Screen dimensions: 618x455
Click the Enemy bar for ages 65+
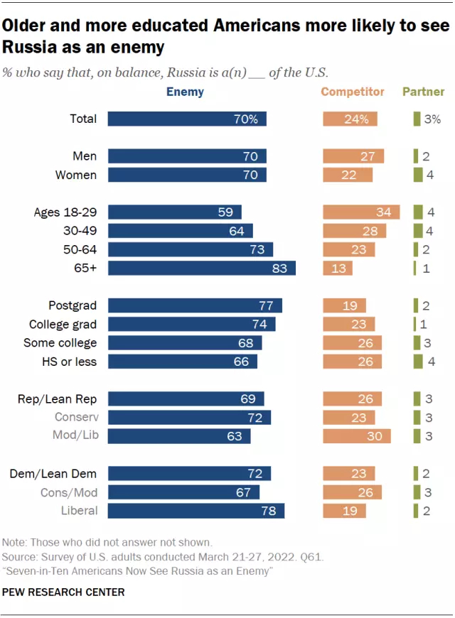201,268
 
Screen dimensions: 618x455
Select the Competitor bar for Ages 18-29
361,212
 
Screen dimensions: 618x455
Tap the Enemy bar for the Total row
187,119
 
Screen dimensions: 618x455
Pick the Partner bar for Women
417,175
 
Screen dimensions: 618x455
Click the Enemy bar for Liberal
196,510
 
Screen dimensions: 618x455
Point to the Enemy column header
185,92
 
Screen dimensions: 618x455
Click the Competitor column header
353,92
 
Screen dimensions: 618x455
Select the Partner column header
424,92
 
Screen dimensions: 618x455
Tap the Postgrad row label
73,305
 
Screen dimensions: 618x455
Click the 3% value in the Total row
432,119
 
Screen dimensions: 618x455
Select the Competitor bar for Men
353,156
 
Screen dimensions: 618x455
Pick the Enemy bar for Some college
185,343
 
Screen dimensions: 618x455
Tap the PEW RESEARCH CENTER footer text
64,592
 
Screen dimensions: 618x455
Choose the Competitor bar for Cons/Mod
353,492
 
